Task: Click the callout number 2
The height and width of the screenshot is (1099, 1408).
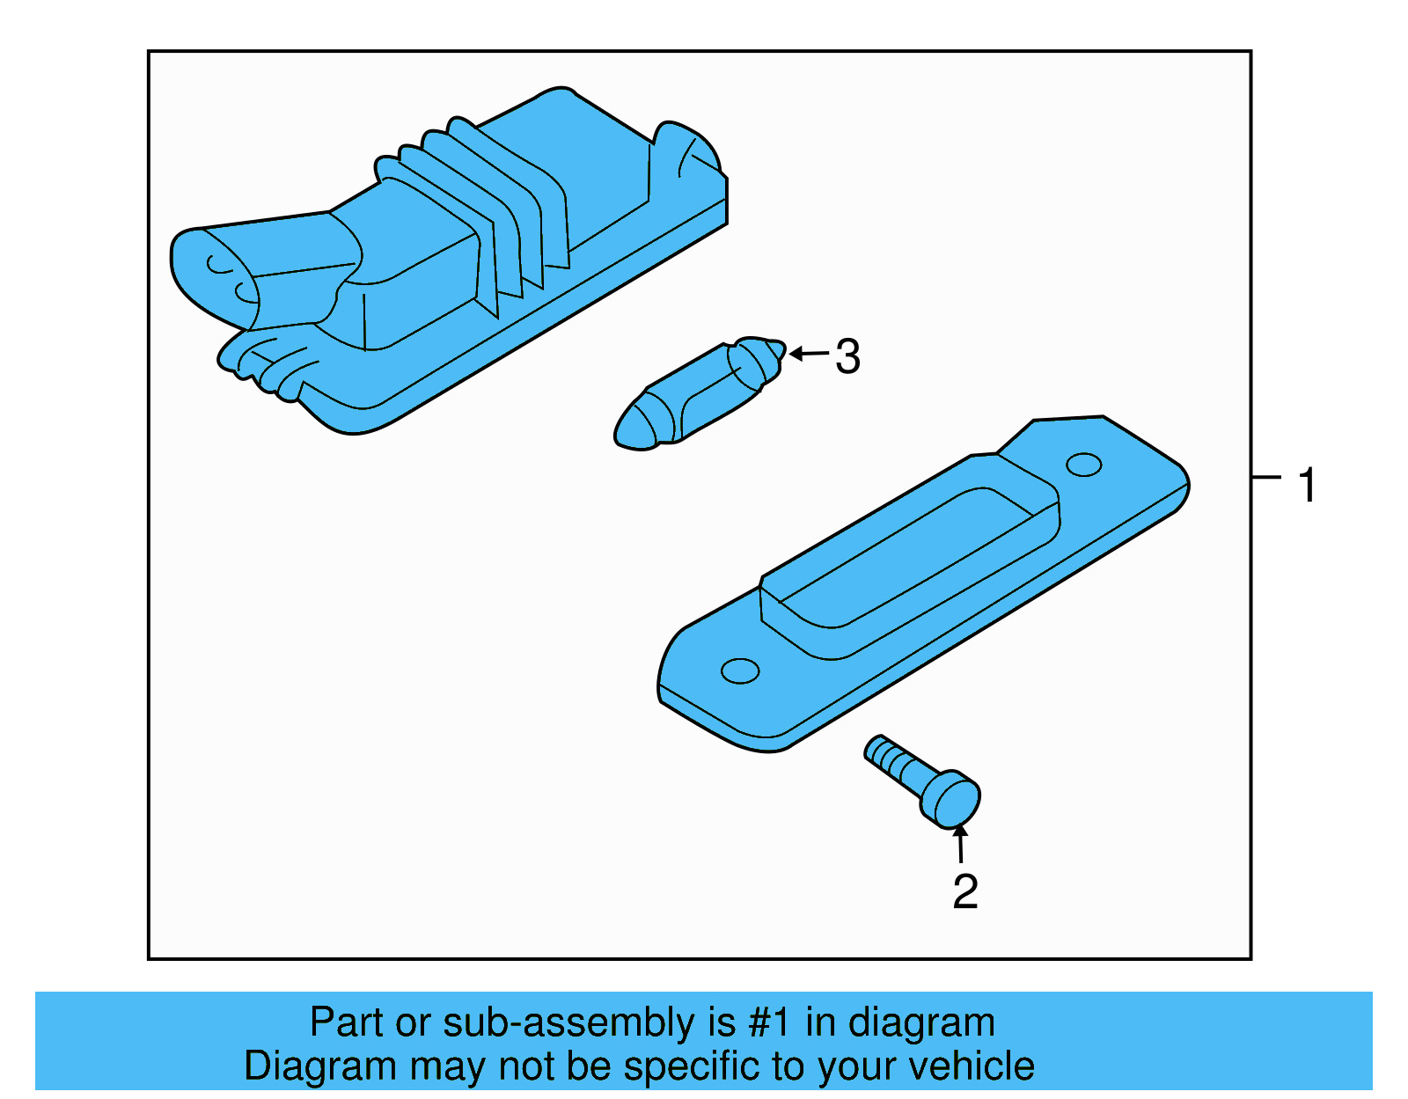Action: [x=965, y=891]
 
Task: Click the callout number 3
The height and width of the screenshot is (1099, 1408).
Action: [x=847, y=356]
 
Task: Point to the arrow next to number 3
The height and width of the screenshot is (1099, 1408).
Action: [x=809, y=354]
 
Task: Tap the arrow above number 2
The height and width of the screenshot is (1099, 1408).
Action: [x=960, y=843]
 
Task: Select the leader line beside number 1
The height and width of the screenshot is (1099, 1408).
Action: [x=1266, y=477]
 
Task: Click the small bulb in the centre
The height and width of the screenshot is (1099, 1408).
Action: [x=700, y=394]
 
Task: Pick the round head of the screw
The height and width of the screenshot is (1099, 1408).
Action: [x=950, y=800]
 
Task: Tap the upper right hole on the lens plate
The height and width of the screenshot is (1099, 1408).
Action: [x=1083, y=465]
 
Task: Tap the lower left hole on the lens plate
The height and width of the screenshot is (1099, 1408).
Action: [x=740, y=671]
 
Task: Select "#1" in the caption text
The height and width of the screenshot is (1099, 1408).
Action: [x=769, y=1022]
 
